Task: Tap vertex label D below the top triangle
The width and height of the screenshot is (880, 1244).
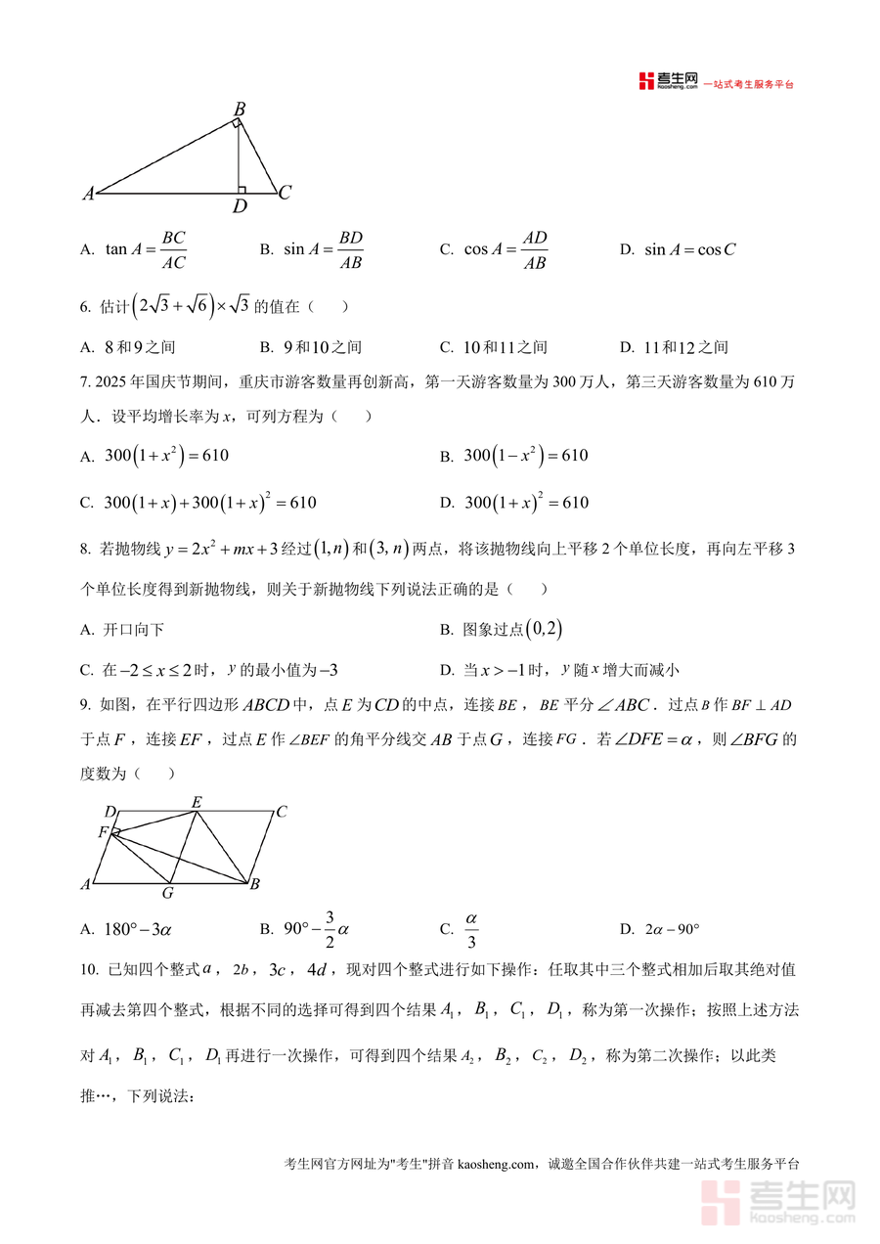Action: [x=240, y=206]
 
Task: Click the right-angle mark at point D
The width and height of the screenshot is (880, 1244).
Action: [x=242, y=189]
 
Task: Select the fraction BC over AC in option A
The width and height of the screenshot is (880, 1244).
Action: [x=173, y=250]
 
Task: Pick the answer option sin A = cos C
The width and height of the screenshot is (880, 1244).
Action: [x=689, y=250]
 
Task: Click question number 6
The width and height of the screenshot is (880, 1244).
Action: [x=85, y=307]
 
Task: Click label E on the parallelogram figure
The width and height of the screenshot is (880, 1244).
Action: [x=197, y=803]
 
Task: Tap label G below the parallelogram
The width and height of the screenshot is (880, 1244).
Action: [x=167, y=893]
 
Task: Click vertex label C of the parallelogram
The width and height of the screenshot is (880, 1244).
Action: [x=281, y=811]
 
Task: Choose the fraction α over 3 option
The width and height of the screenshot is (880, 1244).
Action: [x=470, y=930]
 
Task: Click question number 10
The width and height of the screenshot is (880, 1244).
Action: [x=89, y=970]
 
